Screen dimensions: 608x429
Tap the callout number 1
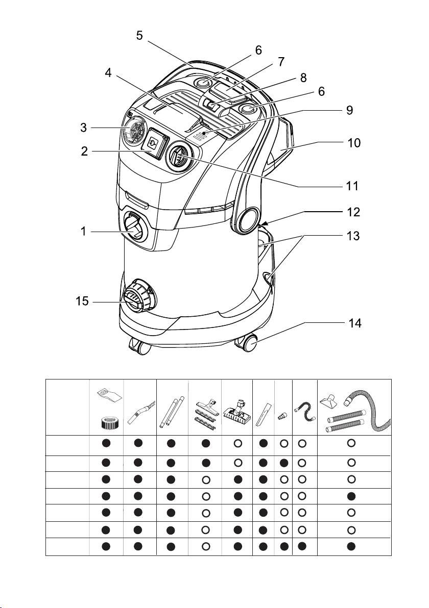[x=83, y=231]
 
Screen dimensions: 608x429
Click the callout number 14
[x=354, y=323]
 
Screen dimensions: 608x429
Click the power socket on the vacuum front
[x=153, y=143]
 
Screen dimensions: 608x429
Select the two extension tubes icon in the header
[x=172, y=407]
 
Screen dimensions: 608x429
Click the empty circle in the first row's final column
[x=351, y=444]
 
